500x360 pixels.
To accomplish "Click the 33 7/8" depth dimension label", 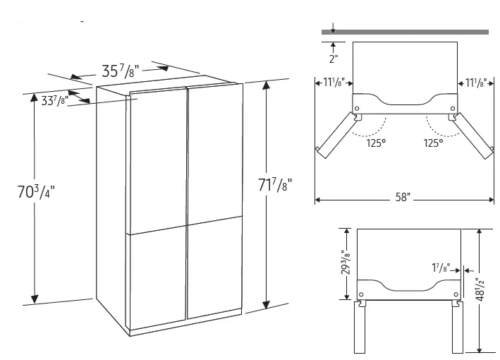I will click(54, 100).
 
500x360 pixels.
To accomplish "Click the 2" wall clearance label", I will click(334, 58).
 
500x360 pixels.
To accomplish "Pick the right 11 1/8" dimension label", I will click(472, 83).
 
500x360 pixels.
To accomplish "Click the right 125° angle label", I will click(433, 143).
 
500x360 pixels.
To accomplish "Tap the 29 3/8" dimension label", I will click(345, 263).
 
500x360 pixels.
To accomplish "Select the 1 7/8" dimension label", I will click(442, 269).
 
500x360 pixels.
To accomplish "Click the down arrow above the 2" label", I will click(334, 28).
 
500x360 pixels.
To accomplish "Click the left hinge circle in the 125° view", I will click(358, 109).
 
